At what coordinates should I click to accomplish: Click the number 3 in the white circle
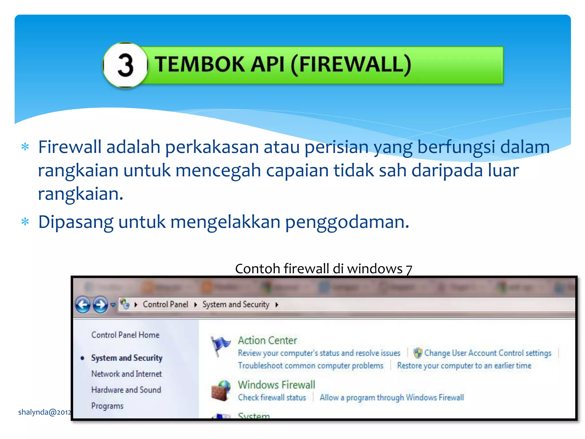125,65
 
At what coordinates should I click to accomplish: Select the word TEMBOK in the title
200,64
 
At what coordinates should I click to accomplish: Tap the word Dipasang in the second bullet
76,222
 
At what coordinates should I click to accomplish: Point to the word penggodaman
347,222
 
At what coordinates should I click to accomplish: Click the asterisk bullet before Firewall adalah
25,147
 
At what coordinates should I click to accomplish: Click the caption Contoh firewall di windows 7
323,269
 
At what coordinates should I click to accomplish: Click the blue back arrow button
83,305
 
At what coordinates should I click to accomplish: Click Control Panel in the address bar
165,305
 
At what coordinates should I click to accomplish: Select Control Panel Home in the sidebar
125,335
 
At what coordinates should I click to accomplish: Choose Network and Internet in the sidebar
127,374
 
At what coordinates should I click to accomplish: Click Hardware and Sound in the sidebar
126,390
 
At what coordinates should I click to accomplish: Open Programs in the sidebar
107,406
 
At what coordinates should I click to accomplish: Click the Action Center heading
267,340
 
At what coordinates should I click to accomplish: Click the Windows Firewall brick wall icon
221,390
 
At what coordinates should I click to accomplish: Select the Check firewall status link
272,398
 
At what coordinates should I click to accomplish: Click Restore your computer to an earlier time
464,366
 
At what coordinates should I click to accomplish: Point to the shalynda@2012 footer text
45,412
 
